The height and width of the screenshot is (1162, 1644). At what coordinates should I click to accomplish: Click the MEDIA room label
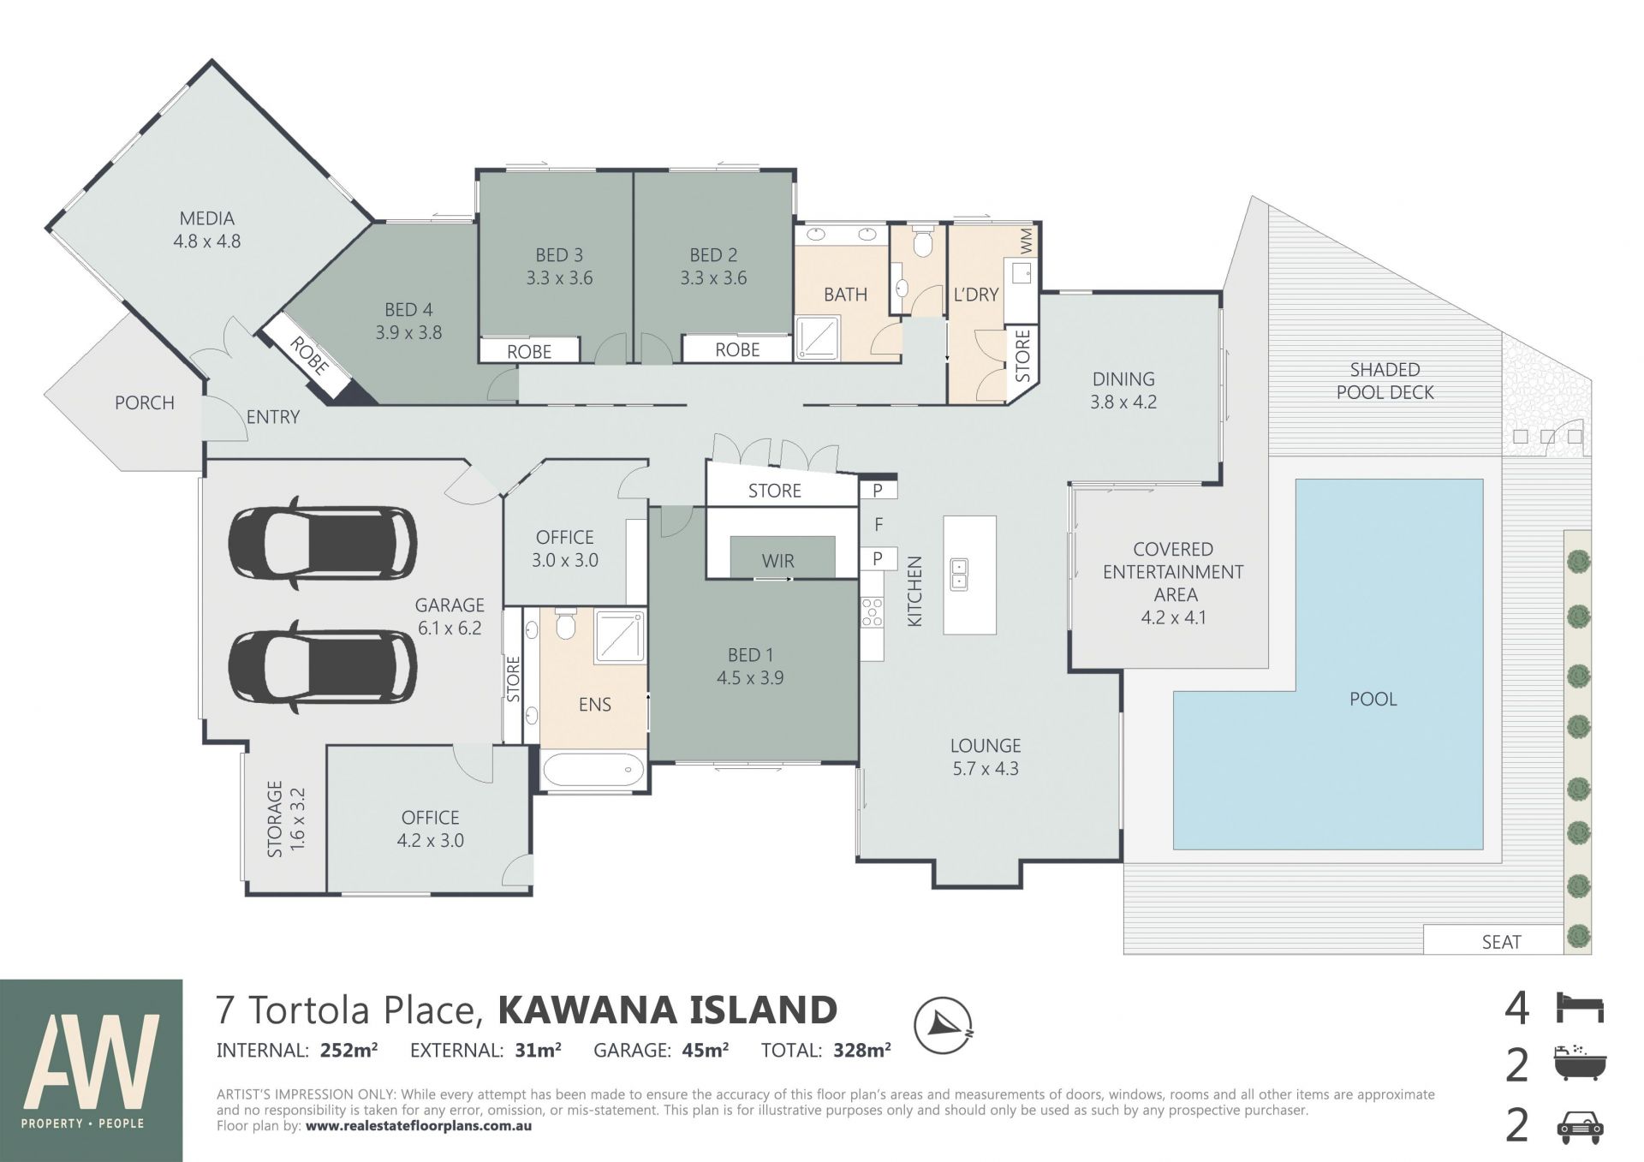(207, 218)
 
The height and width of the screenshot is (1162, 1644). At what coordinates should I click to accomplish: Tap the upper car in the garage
(323, 543)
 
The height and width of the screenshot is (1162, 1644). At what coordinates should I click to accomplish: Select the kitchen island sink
(961, 574)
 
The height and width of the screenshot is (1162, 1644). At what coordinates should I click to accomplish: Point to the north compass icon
(943, 1025)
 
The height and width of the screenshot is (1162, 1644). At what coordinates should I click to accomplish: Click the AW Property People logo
(92, 1070)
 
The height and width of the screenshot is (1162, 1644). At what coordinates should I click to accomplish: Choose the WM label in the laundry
(1027, 241)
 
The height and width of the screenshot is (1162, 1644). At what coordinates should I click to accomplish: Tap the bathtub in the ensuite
(593, 769)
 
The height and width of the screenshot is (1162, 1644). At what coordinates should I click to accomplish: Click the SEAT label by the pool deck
(1501, 942)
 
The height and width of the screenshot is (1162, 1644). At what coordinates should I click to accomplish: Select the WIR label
(778, 561)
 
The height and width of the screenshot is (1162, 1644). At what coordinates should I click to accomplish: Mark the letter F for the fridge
(879, 524)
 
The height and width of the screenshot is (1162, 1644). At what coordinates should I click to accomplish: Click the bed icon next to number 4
(1580, 1007)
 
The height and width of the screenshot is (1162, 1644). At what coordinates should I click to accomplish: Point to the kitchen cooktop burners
(872, 613)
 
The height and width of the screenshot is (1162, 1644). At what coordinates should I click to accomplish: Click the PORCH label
(145, 402)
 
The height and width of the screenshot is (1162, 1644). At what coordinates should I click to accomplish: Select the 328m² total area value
(862, 1050)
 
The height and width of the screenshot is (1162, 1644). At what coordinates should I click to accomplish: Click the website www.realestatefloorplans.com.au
(419, 1126)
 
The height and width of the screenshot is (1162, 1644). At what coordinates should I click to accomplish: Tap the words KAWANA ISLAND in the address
(668, 1010)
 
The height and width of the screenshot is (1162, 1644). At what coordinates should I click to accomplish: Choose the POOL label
(1373, 699)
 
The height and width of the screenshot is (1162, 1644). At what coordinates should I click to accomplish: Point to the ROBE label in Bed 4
(308, 355)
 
